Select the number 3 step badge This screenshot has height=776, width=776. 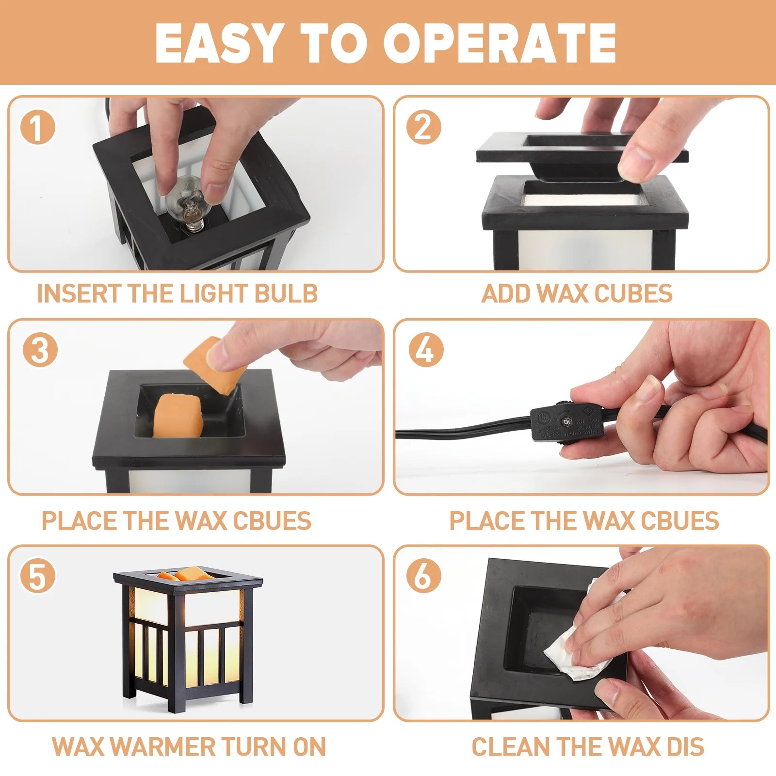(x=40, y=350)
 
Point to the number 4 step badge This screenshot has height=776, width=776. (x=426, y=350)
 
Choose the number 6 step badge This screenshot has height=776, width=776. (x=423, y=576)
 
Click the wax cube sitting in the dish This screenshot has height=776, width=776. (x=178, y=415)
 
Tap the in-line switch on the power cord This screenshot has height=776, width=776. (x=566, y=421)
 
